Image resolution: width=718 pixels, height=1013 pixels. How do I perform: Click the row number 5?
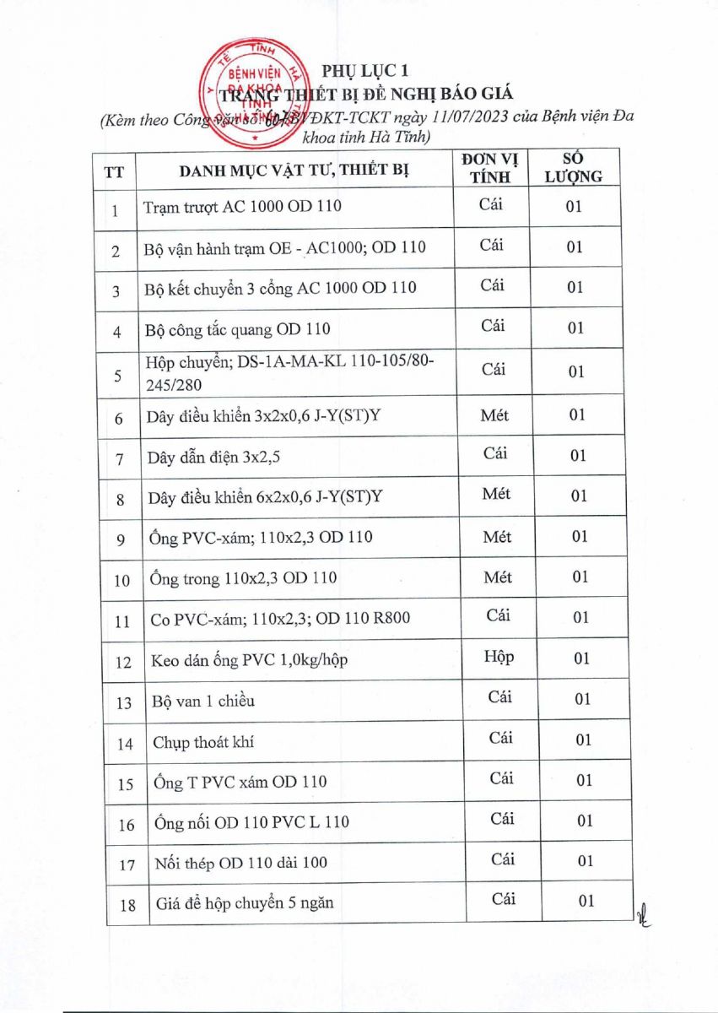(118, 376)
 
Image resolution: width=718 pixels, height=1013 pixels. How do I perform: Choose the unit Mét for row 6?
(494, 414)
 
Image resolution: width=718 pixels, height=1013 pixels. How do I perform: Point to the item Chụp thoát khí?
(203, 743)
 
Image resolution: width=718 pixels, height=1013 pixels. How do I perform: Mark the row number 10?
(121, 581)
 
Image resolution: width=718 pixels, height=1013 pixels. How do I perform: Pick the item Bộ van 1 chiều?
(203, 702)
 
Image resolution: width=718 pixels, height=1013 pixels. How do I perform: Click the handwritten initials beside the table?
(647, 911)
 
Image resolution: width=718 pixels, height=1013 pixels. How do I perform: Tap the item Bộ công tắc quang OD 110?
(237, 329)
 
